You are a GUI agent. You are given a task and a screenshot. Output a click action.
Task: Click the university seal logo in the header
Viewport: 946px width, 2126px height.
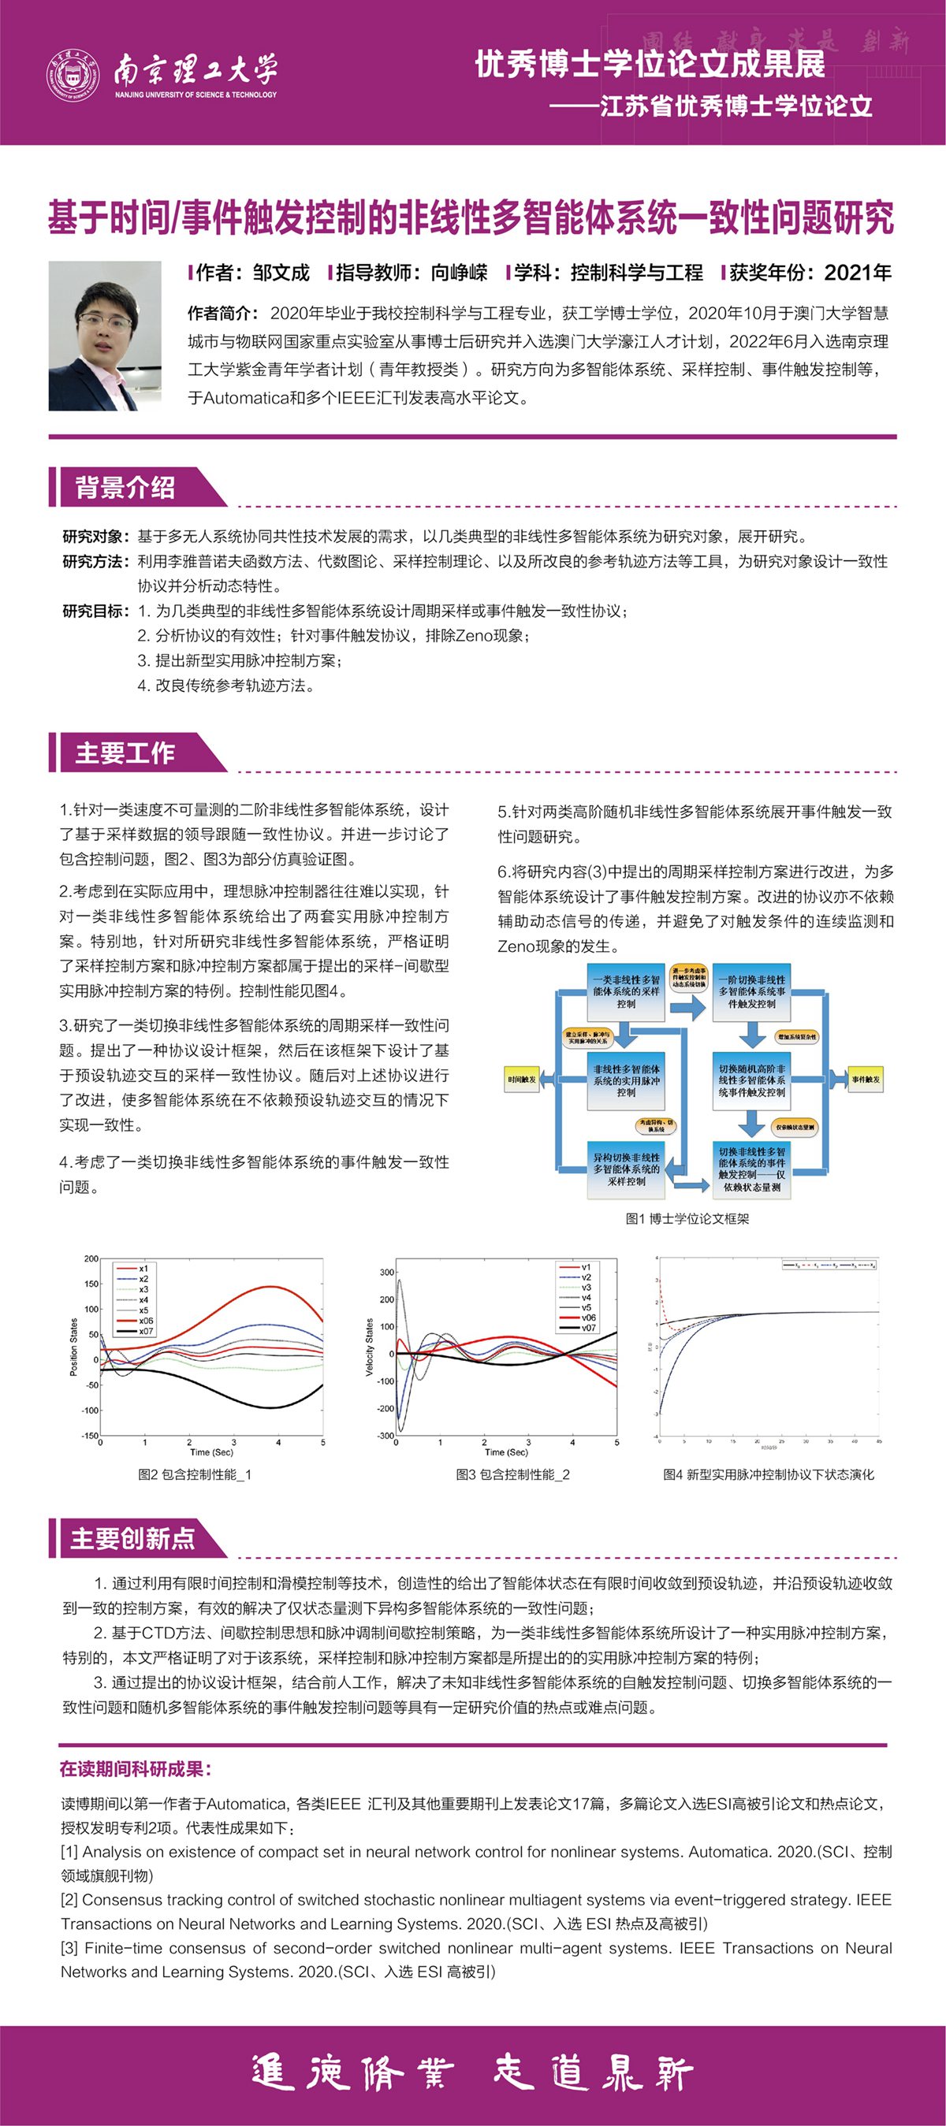[x=72, y=74]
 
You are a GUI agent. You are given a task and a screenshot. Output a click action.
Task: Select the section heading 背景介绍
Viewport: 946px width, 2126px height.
[x=125, y=488]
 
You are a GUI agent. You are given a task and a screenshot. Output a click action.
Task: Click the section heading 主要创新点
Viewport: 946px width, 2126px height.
[x=132, y=1538]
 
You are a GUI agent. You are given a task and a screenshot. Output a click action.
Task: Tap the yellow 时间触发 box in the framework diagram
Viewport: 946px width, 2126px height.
[x=523, y=1079]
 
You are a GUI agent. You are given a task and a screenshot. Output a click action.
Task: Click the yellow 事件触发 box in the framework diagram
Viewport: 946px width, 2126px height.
[x=865, y=1079]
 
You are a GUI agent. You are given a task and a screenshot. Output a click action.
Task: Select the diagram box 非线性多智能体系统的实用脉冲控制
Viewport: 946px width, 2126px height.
[x=626, y=1080]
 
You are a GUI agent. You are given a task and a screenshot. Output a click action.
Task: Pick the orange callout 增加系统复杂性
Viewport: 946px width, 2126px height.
[x=796, y=1036]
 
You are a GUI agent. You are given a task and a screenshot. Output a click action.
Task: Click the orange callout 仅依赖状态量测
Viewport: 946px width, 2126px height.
[x=794, y=1127]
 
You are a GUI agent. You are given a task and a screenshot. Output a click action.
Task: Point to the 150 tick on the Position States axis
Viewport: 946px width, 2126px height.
[x=91, y=1284]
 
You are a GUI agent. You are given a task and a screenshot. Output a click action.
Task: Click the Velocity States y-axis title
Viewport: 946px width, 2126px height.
[x=370, y=1347]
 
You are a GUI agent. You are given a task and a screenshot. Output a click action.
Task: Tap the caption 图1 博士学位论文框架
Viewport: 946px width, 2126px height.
[x=687, y=1218]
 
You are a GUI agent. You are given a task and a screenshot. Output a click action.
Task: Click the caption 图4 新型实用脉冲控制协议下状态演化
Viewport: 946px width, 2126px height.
[x=768, y=1474]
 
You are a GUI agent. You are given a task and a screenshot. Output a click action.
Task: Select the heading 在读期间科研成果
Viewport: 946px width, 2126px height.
[x=136, y=1768]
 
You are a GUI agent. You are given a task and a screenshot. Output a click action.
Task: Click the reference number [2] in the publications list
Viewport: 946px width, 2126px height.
[x=69, y=1900]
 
